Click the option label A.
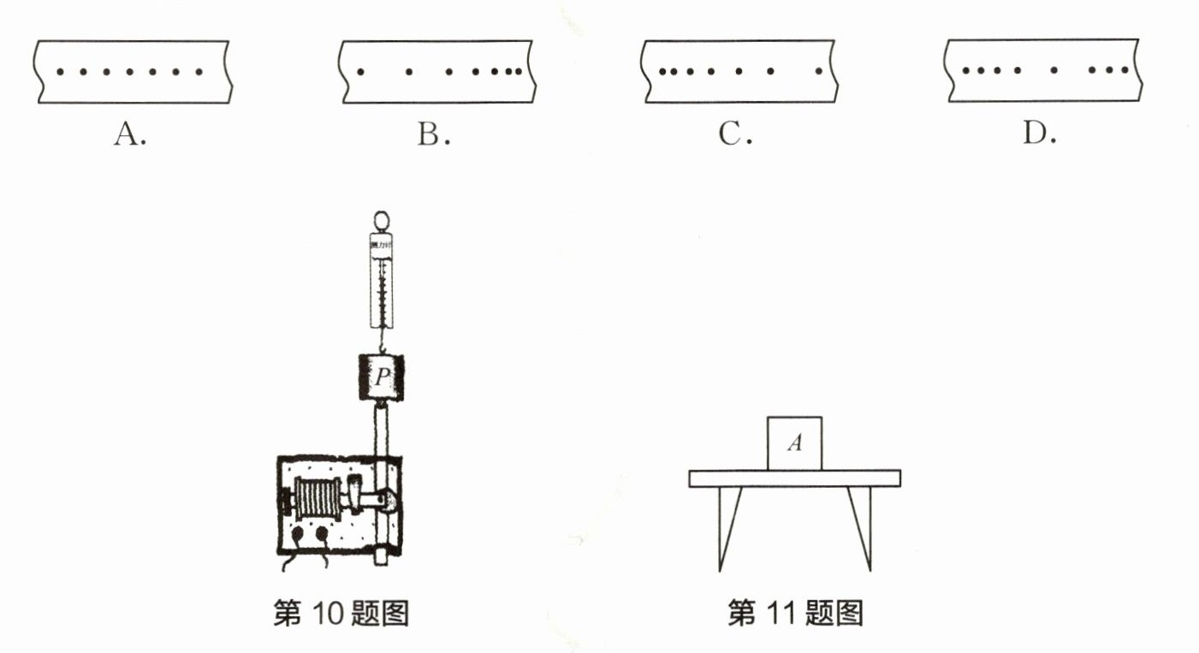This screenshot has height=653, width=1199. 130,135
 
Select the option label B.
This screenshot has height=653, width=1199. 434,135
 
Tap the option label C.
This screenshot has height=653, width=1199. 735,135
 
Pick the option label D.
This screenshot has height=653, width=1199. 1040,135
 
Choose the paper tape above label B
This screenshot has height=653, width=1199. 436,72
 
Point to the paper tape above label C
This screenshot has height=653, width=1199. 738,72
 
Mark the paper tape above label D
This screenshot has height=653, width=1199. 1039,72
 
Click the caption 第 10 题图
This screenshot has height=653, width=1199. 341,614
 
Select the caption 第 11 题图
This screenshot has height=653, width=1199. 795,614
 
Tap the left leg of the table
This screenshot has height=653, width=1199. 727,525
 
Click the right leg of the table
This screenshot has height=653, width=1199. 861,525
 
